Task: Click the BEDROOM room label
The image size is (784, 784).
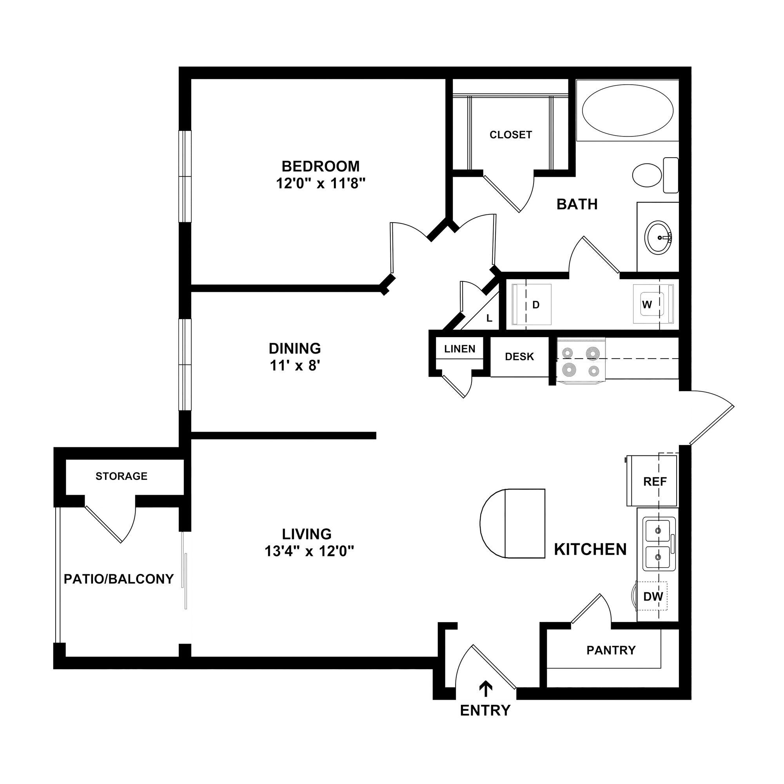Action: pos(321,166)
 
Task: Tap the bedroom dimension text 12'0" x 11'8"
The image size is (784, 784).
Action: pos(321,184)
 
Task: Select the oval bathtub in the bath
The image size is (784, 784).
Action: pos(627,111)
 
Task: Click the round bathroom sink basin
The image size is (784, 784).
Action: pos(658,238)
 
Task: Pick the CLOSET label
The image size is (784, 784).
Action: pos(510,135)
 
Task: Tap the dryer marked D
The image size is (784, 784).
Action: pos(532,305)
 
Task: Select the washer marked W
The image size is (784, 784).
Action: pos(652,304)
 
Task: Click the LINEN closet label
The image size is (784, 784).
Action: pos(459,349)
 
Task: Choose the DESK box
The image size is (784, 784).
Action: pos(519,357)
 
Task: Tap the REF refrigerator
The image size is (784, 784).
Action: pos(652,481)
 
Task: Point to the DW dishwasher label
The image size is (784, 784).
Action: pos(653,597)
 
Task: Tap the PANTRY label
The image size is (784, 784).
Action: pos(611,650)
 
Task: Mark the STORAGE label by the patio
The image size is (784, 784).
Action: pos(122,476)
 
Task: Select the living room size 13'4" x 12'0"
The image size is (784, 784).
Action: pos(309,552)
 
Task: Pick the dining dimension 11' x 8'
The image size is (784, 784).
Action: pos(295,367)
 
